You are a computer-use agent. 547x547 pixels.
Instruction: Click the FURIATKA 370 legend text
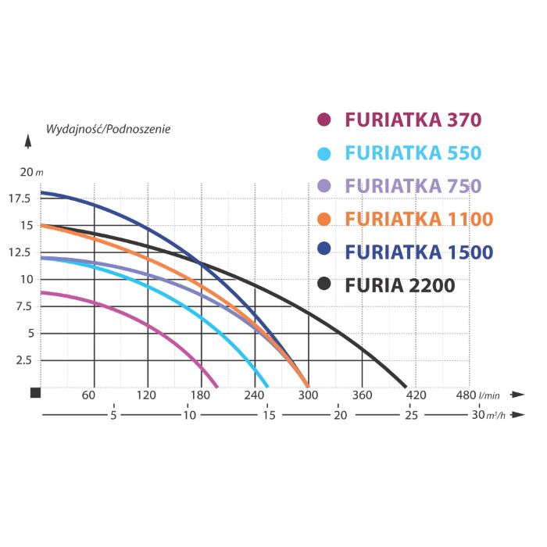[x=413, y=120]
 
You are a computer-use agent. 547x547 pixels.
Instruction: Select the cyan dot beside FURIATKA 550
[x=325, y=153]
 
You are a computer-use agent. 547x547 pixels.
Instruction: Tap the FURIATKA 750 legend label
[x=413, y=186]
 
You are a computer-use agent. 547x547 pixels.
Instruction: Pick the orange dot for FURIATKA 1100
[x=325, y=219]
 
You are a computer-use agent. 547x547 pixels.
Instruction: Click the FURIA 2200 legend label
[x=399, y=285]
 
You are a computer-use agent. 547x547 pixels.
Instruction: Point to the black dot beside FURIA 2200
[x=325, y=285]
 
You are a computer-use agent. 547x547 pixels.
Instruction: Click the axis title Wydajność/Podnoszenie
[x=108, y=128]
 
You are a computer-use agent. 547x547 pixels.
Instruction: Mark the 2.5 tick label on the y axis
[x=25, y=360]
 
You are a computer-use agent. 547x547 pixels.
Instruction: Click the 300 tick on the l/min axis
[x=309, y=395]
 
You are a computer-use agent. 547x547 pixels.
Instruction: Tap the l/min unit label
[x=491, y=395]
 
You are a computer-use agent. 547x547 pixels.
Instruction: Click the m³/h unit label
[x=494, y=416]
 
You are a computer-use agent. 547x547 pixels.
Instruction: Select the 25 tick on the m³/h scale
[x=412, y=415]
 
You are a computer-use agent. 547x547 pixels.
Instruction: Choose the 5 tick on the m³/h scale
[x=114, y=415]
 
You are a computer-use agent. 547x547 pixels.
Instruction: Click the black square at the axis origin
[x=35, y=392]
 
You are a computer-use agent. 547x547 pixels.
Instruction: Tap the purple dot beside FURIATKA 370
[x=325, y=120]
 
